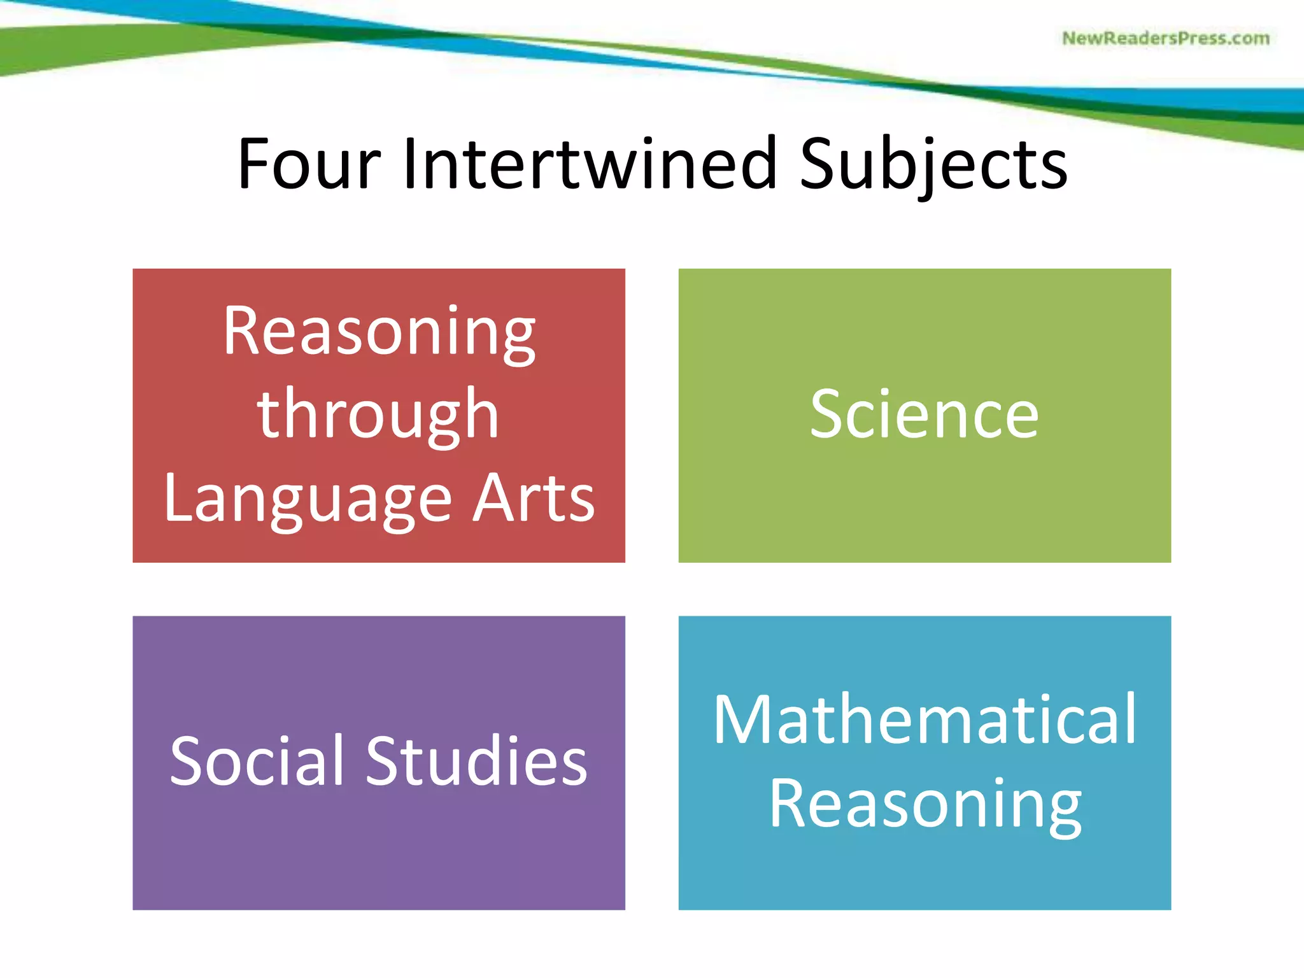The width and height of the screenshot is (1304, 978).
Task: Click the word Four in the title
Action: (x=309, y=164)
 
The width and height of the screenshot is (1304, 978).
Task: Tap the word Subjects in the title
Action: (x=933, y=166)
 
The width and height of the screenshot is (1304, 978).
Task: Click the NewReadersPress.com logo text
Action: (x=1165, y=38)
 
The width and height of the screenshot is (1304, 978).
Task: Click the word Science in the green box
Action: (x=924, y=415)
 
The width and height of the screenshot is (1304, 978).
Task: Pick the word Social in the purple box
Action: (x=257, y=761)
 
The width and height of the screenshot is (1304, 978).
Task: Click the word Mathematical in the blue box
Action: (x=925, y=719)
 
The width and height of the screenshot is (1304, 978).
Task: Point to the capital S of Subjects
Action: (x=818, y=164)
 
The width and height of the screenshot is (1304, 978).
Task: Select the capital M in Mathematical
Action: (x=741, y=719)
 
